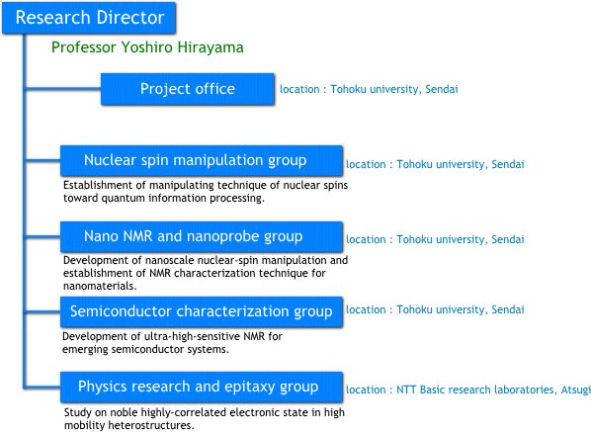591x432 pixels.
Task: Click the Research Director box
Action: pos(89,18)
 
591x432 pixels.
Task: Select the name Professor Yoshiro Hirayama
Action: pos(147,47)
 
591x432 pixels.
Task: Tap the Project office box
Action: pos(188,89)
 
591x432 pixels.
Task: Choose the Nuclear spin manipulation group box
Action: pos(202,160)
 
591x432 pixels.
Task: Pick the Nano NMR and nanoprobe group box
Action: pos(202,236)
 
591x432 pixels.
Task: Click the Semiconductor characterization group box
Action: pos(202,311)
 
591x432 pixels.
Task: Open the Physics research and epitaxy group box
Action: pos(202,388)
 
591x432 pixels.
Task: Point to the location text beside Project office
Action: pos(369,89)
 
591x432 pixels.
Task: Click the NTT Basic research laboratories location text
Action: pos(468,389)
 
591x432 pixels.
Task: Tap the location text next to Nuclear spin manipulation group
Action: pos(435,164)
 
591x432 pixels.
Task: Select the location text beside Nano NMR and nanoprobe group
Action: pos(435,239)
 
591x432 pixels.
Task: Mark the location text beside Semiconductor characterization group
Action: pos(435,309)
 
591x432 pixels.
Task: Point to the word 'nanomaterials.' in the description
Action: pos(100,286)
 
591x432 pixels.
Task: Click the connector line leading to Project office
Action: pos(63,89)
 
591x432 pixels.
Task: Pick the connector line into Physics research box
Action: pos(42,388)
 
